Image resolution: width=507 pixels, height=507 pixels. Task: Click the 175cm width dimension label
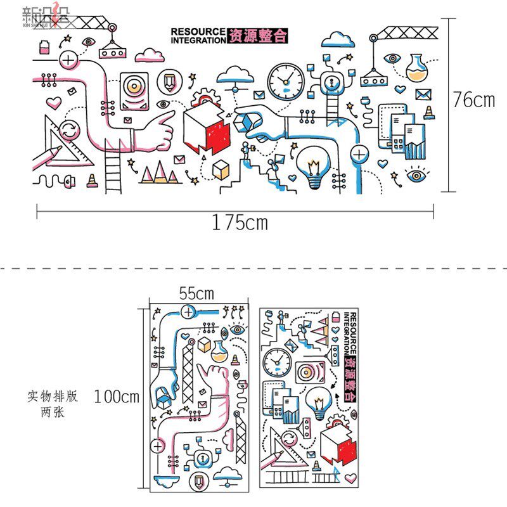coord(240,222)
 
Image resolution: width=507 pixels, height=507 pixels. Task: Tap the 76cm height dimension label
coord(473,99)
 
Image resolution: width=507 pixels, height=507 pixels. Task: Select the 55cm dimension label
coord(196,293)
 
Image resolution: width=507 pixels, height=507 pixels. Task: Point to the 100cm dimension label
coord(117,397)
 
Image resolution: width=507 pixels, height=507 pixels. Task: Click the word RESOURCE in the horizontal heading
coord(198,31)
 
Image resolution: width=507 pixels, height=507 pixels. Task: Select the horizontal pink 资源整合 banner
coord(257,35)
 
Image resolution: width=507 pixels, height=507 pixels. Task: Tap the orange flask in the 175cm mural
coord(416,67)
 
